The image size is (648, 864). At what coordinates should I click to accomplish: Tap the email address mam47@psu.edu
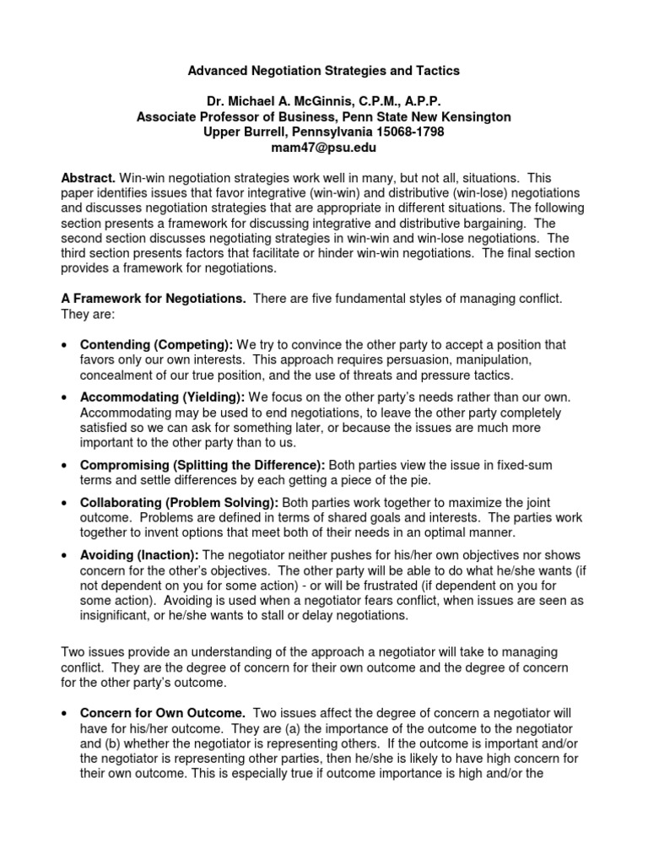pyautogui.click(x=323, y=148)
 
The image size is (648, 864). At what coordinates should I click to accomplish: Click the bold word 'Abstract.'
pyautogui.click(x=89, y=179)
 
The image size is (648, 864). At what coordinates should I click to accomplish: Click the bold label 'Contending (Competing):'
pyautogui.click(x=156, y=345)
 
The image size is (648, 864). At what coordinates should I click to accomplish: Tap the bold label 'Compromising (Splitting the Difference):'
pyautogui.click(x=202, y=465)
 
